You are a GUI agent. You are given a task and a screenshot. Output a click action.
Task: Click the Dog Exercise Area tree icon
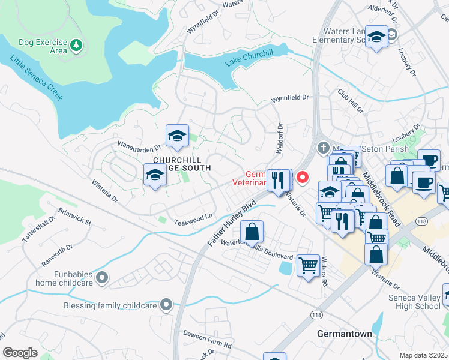pos(76,44)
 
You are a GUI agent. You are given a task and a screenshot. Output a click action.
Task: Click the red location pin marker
pos(303,177)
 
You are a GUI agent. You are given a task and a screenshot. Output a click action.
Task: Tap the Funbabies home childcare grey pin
pos(102,277)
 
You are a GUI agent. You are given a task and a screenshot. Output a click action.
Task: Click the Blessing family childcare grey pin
pos(166,305)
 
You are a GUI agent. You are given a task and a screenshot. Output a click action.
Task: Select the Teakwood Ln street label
pos(194,219)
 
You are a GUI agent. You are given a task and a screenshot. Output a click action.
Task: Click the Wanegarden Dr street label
pos(140,146)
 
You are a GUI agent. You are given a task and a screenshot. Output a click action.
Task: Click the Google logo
pos(20,353)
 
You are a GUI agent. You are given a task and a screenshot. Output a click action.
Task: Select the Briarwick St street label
pos(74,217)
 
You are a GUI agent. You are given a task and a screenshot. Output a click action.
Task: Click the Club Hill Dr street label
pos(350,101)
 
